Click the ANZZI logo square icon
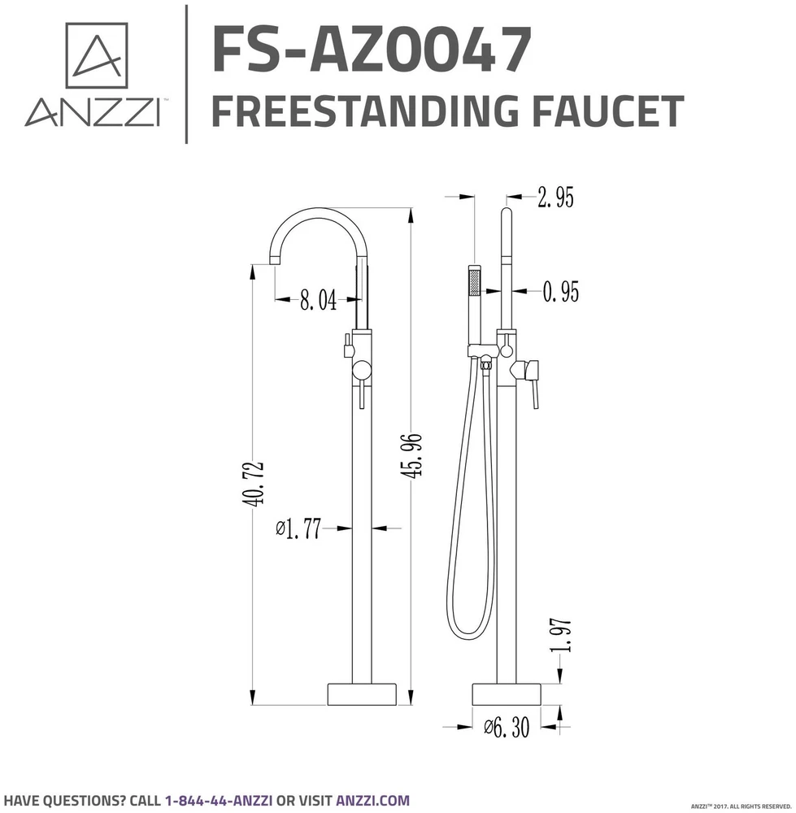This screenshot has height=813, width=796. pos(97,55)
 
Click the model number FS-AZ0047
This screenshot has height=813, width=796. pos(372,50)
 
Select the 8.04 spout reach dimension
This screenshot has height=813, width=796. pos(318,300)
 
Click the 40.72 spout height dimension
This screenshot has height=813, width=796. pos(253,483)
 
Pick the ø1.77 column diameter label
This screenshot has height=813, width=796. pos(298,528)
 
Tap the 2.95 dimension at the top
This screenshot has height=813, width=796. pos(555,198)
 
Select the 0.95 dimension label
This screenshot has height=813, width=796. pos(560,292)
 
